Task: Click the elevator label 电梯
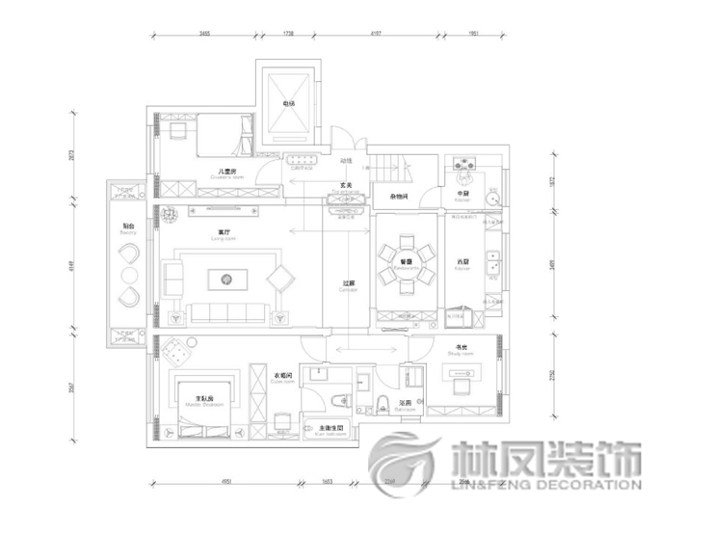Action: point(288,103)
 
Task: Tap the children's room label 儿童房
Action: point(228,172)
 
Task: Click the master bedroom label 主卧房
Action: point(203,397)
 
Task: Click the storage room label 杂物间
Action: point(400,196)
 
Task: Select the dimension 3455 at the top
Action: point(204,34)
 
